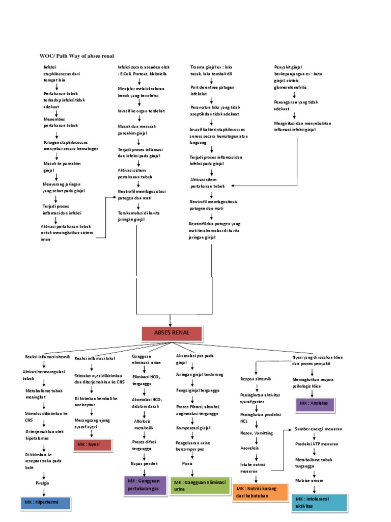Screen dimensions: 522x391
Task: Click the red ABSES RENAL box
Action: coord(172,332)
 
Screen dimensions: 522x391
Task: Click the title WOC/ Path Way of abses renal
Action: coord(77,56)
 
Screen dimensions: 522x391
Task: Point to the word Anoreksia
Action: coord(249,448)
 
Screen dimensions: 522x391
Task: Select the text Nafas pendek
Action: coord(145,463)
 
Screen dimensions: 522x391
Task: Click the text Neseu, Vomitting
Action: coord(257,433)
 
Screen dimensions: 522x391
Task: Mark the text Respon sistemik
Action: coord(256,379)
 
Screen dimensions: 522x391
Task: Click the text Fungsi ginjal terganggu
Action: coord(198,390)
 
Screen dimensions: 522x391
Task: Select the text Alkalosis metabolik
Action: coord(144,425)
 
